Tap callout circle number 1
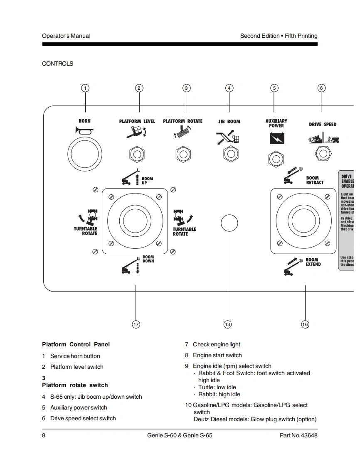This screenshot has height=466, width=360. pyautogui.click(x=85, y=88)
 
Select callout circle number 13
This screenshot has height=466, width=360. pyautogui.click(x=227, y=324)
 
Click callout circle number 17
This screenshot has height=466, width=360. pyautogui.click(x=136, y=324)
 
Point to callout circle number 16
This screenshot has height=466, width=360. pyautogui.click(x=305, y=324)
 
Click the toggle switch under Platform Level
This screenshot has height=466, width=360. pyautogui.click(x=136, y=155)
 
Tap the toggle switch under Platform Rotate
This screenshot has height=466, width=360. pyautogui.click(x=183, y=155)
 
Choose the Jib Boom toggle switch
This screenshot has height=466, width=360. pyautogui.click(x=230, y=154)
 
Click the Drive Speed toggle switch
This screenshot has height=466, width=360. pyautogui.click(x=323, y=154)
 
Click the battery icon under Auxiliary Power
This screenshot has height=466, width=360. pyautogui.click(x=276, y=138)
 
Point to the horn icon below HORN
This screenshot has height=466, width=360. pyautogui.click(x=84, y=131)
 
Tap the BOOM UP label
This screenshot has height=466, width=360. pyautogui.click(x=147, y=181)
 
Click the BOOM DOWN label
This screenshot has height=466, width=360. pyautogui.click(x=148, y=259)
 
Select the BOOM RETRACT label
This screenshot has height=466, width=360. pyautogui.click(x=315, y=180)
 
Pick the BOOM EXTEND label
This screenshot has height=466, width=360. pyautogui.click(x=313, y=262)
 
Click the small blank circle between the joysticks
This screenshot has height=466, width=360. pyautogui.click(x=229, y=223)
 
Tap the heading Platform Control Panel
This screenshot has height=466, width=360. pyautogui.click(x=76, y=344)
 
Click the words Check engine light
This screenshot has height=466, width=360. pyautogui.click(x=216, y=344)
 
